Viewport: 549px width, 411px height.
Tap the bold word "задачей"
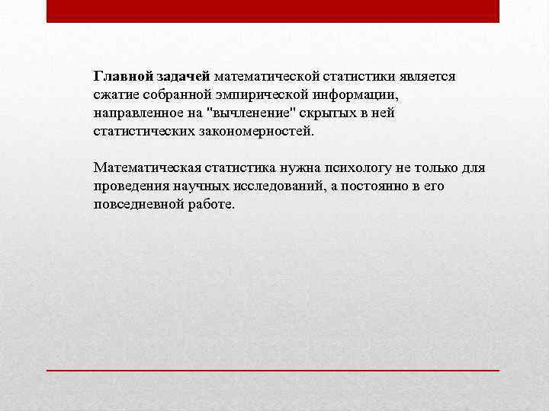click(184, 76)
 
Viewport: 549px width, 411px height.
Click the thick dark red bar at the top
click(272, 11)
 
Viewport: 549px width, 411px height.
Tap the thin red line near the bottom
click(272, 370)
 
